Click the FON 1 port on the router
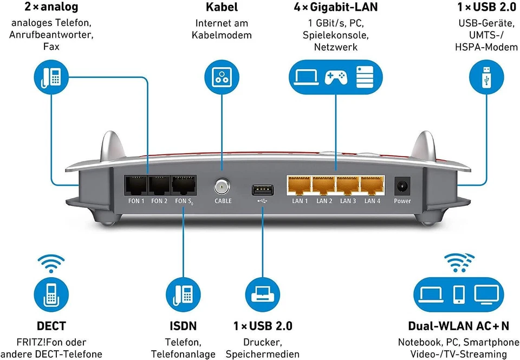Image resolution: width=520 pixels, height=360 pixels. (136, 186)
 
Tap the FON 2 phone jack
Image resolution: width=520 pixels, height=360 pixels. (159, 186)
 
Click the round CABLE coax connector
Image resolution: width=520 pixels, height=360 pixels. (223, 187)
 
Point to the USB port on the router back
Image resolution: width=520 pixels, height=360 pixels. (263, 189)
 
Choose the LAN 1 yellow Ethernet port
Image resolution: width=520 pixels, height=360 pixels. (300, 186)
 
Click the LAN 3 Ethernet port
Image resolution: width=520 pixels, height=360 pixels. (348, 186)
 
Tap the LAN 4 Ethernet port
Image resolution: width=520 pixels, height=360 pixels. (372, 186)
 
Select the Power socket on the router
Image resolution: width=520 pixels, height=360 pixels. (402, 186)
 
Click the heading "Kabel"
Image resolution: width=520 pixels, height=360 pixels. (222, 8)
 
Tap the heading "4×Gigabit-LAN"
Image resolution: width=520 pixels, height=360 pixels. (336, 8)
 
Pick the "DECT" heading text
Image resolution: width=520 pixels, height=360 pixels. (51, 326)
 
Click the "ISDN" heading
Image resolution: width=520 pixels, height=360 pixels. (183, 326)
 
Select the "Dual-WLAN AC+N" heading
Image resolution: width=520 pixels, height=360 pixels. (458, 326)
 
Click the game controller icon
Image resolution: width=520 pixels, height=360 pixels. (336, 76)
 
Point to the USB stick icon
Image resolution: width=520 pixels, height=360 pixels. (486, 76)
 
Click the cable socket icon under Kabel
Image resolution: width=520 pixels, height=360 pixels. (222, 76)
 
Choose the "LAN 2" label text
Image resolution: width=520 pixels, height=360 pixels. (324, 201)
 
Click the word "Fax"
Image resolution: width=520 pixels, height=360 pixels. (51, 47)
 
